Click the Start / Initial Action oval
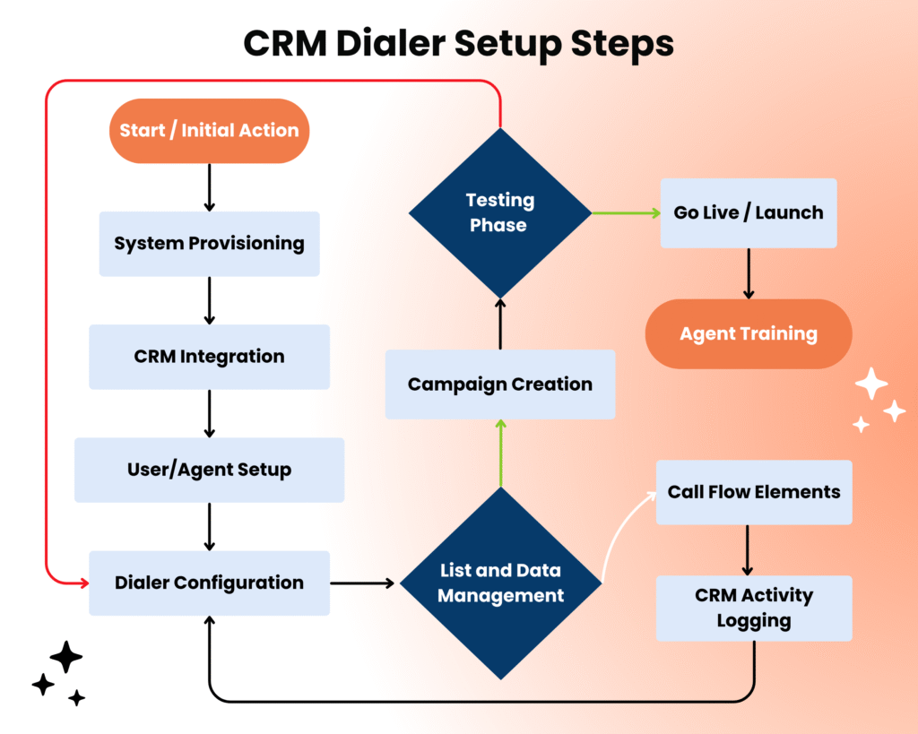point(209,131)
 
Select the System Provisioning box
point(209,244)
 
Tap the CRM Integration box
point(209,357)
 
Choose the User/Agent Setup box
point(209,470)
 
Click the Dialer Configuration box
point(209,583)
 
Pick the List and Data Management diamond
point(500,583)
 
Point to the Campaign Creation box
point(500,384)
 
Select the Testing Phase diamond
point(499,213)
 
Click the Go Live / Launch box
point(749,213)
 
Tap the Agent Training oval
point(749,334)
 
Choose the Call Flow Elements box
point(754,492)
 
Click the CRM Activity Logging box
point(754,609)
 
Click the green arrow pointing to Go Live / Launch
point(626,213)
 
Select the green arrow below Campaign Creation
point(500,453)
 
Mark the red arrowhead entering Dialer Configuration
point(83,583)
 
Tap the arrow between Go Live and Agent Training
point(749,273)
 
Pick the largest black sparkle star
point(66,657)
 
